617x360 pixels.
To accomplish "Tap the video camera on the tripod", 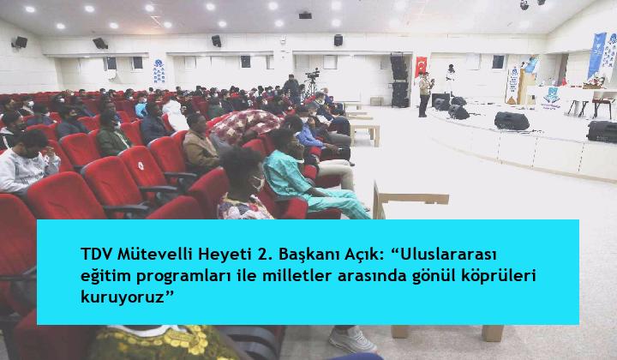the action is click(x=313, y=74).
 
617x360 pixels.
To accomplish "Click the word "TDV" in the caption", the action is click(x=96, y=255).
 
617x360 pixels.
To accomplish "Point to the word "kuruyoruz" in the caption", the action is click(x=123, y=297).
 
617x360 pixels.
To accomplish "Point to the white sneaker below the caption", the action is click(x=352, y=339).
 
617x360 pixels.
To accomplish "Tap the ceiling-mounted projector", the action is click(x=305, y=15).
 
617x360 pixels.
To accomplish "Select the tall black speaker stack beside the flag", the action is click(x=399, y=80).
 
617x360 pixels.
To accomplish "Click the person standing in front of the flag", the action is click(x=424, y=94).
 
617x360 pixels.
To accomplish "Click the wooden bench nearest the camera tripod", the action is click(x=365, y=133).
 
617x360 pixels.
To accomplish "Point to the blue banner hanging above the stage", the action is click(x=596, y=55).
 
